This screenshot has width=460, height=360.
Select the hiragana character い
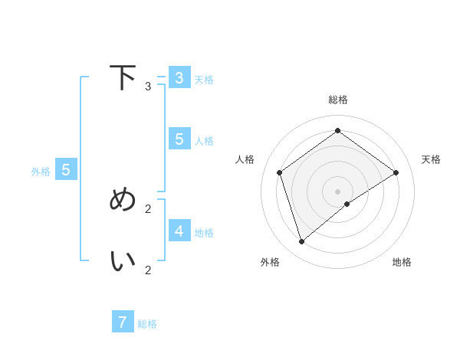click(x=123, y=260)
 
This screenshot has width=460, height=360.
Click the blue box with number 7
click(x=123, y=322)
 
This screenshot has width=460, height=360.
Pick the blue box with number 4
click(x=179, y=231)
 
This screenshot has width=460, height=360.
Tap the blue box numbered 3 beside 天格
click(x=179, y=77)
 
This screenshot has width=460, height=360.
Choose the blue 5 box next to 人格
click(x=179, y=139)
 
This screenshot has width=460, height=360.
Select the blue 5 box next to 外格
click(x=66, y=170)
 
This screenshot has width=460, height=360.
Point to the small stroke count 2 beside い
click(x=148, y=270)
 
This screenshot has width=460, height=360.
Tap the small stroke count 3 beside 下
click(x=148, y=87)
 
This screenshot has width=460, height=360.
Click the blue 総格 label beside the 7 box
click(x=147, y=324)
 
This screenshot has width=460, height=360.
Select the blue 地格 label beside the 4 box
click(x=204, y=233)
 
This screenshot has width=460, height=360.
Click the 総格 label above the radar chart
click(x=337, y=100)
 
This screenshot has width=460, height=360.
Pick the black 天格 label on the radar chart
click(x=431, y=159)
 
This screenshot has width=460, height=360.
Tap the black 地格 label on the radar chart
click(x=402, y=262)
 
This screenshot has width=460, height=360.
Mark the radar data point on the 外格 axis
click(x=301, y=242)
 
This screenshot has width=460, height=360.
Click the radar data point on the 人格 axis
click(x=279, y=172)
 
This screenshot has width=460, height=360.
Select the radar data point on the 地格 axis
click(x=347, y=204)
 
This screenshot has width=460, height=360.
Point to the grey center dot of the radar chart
click(x=337, y=191)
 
